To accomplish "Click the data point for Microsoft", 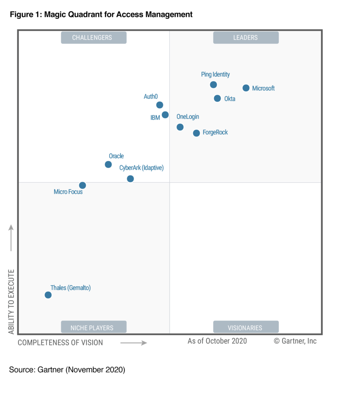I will (x=246, y=88).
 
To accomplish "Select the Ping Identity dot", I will (x=214, y=84).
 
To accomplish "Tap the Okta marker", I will (x=217, y=98).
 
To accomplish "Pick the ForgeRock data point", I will (x=196, y=133).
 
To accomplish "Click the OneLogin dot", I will (x=180, y=127).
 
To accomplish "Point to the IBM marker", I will (x=165, y=115).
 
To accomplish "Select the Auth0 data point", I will (x=160, y=105).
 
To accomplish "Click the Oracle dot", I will (x=108, y=164).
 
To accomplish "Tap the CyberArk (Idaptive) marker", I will (x=130, y=178).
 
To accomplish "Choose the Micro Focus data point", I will (x=82, y=185).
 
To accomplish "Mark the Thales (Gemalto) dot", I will (x=48, y=295).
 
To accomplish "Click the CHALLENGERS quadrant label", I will (x=94, y=38).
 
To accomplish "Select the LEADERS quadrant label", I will (x=246, y=38).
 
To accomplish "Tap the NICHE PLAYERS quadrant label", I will (x=94, y=327).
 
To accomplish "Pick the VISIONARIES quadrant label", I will (x=246, y=327).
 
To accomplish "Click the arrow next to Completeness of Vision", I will (x=133, y=343).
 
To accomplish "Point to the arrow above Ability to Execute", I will (x=11, y=238).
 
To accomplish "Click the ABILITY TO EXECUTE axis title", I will (x=11, y=301).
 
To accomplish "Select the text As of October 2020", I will (x=217, y=341).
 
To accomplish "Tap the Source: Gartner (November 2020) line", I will (x=67, y=370).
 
